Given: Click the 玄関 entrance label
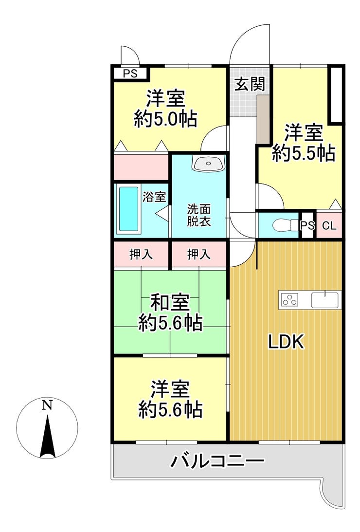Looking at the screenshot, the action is click(250, 84).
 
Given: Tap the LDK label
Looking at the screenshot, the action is click(286, 342).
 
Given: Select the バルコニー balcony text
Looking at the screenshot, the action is click(217, 461).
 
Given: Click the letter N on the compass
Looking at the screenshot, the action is click(47, 405).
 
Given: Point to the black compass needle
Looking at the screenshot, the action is click(48, 437).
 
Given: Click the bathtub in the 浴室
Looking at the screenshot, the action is click(129, 209).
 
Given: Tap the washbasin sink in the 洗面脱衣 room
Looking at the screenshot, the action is click(208, 164).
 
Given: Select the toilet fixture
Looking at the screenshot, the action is click(285, 225).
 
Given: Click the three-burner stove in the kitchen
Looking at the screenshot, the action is click(289, 300).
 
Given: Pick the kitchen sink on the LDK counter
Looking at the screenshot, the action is click(325, 300).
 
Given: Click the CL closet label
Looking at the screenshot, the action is click(329, 226).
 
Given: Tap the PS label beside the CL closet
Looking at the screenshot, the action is click(307, 226).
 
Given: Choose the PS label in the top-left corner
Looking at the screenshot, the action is click(130, 73).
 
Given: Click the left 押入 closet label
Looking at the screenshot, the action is click(141, 255).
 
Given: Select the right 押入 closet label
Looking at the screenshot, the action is click(199, 255).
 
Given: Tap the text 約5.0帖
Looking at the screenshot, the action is click(165, 119).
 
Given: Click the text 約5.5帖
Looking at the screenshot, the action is click(304, 153).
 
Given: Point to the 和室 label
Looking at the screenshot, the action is click(170, 303).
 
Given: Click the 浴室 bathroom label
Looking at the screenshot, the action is click(154, 197).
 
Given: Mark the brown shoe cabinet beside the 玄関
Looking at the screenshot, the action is click(263, 119).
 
